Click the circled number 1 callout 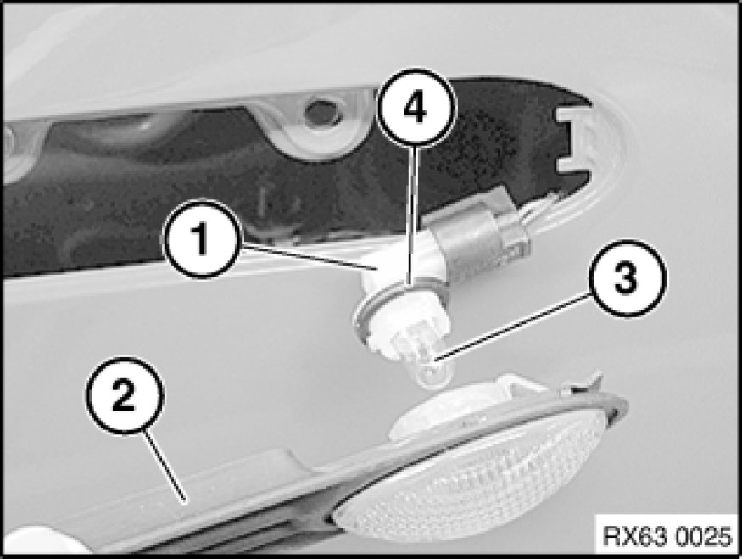202,238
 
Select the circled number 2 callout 124,395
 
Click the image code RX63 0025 667,536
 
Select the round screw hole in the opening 319,112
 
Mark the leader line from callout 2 165,466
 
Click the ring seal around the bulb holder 402,308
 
